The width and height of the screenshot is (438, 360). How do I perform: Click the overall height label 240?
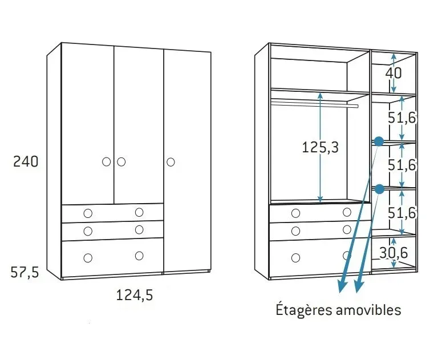click(x=26, y=161)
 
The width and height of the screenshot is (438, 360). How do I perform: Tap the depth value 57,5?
click(x=25, y=273)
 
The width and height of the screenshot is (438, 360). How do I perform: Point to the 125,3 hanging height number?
click(x=320, y=147)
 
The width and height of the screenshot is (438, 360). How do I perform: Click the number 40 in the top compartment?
click(x=394, y=73)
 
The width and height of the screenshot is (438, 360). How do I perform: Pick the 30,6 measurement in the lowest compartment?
click(x=394, y=251)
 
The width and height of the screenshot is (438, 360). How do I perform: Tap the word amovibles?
click(x=370, y=310)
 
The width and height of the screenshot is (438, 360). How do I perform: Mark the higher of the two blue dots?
click(x=379, y=140)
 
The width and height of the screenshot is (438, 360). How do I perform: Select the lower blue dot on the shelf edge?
click(x=379, y=188)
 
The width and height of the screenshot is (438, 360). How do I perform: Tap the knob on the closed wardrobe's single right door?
click(x=171, y=162)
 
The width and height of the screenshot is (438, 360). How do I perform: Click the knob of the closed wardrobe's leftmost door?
click(x=107, y=162)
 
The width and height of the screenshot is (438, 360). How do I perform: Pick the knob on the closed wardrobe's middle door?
click(x=121, y=162)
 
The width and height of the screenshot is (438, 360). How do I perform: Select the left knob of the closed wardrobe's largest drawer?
click(x=88, y=258)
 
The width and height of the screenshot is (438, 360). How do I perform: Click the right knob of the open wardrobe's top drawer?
click(x=347, y=212)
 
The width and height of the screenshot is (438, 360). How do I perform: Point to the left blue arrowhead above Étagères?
click(x=342, y=288)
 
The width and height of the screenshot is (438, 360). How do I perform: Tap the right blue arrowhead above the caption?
click(x=358, y=288)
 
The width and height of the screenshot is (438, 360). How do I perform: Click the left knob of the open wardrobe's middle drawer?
click(x=295, y=231)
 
